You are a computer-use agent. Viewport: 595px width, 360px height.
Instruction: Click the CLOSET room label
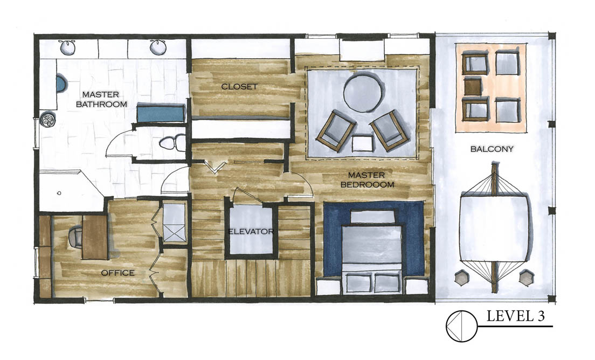click(x=239, y=86)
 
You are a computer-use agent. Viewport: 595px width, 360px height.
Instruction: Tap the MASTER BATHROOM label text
click(x=101, y=99)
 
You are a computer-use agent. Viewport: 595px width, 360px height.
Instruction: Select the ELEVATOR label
click(x=251, y=231)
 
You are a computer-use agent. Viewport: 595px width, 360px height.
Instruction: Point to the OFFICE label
click(x=117, y=273)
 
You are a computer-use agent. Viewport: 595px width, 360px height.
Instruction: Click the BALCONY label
click(x=492, y=149)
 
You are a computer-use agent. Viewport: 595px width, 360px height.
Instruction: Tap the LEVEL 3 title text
click(x=515, y=316)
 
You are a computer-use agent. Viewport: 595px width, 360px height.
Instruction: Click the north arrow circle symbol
click(x=461, y=326)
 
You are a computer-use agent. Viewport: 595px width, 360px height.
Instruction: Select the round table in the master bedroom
click(x=362, y=93)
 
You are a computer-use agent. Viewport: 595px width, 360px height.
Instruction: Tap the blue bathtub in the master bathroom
click(x=161, y=113)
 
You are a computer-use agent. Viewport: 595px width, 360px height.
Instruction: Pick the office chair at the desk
click(x=75, y=238)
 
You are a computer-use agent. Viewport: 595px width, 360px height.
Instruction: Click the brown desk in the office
click(x=94, y=237)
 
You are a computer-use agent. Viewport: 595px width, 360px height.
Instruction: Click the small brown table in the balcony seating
click(x=473, y=86)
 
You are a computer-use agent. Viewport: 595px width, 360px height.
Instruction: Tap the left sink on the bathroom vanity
click(x=67, y=47)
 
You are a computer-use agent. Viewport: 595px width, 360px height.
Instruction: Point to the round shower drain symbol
click(x=49, y=120)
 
